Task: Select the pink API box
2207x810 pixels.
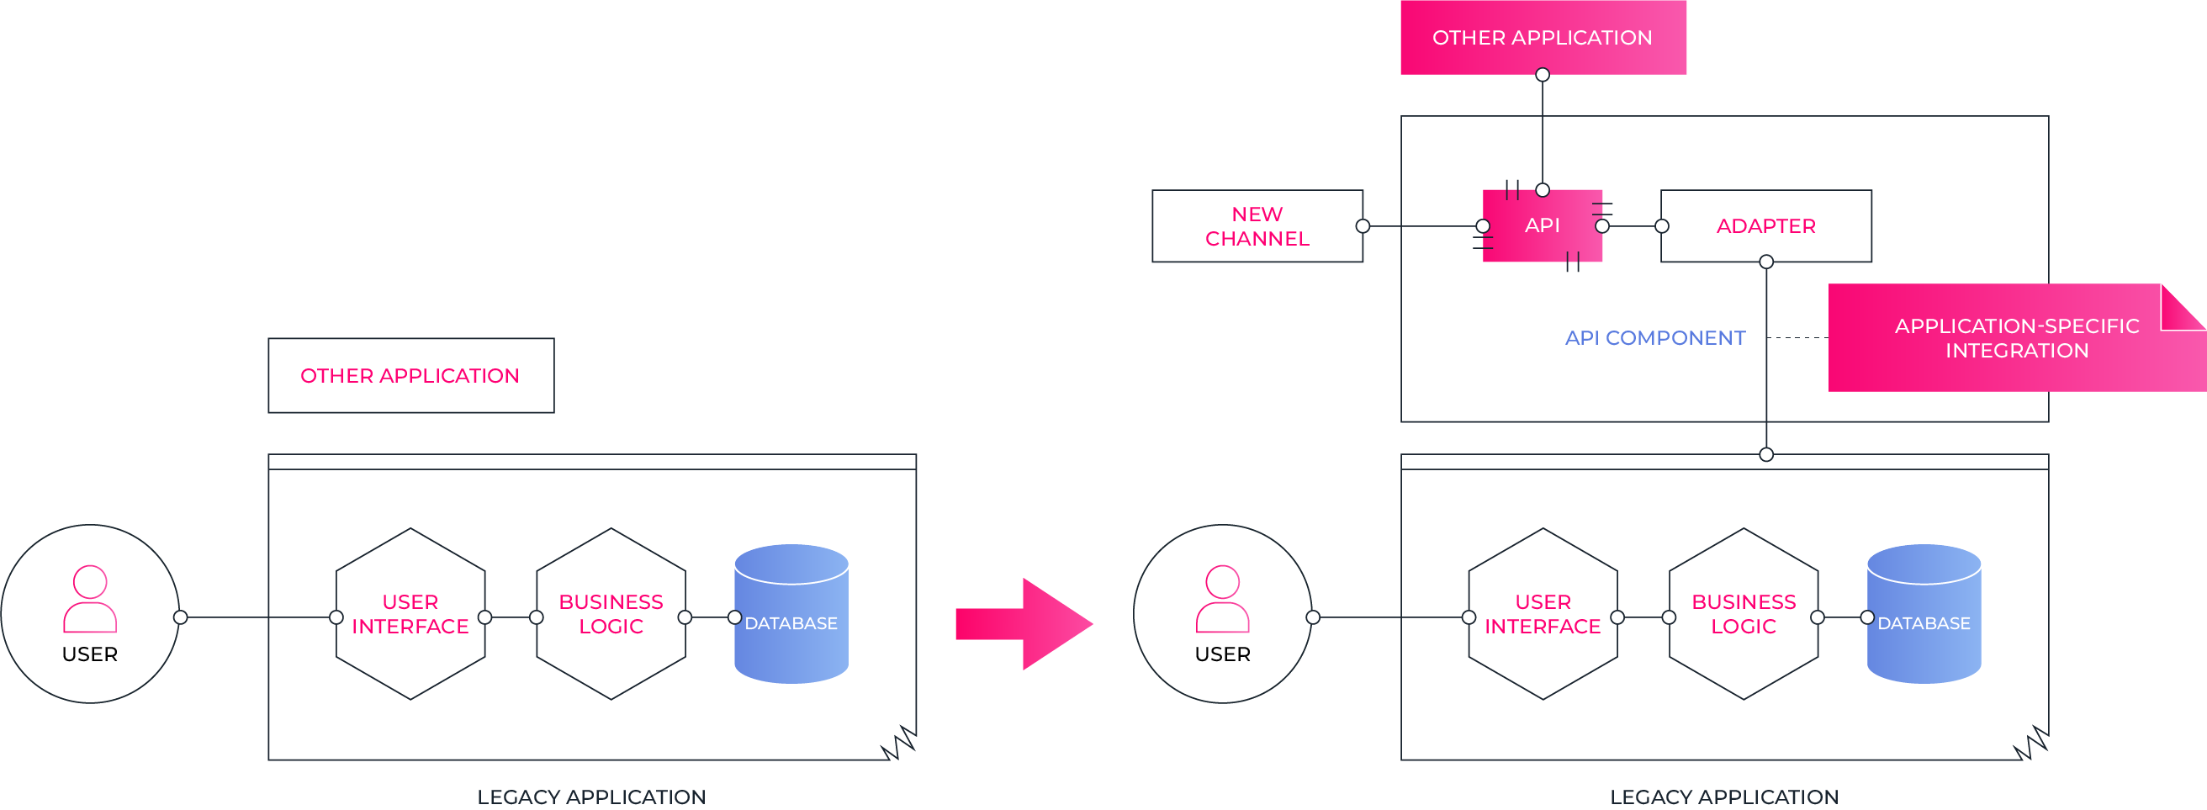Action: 1543,225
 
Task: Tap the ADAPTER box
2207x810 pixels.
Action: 1765,225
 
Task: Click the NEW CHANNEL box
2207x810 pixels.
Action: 1257,225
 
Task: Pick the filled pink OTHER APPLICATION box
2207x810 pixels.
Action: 1543,37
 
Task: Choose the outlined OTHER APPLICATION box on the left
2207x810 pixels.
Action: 410,375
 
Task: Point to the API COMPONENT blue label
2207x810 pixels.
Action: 1654,338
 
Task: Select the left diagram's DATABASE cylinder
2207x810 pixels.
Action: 791,615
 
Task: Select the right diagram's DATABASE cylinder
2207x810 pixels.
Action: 1924,615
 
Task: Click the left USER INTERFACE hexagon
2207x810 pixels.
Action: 410,614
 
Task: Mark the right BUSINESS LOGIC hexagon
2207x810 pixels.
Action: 1743,614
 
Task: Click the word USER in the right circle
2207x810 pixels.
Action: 1222,654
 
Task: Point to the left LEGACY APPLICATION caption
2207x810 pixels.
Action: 591,797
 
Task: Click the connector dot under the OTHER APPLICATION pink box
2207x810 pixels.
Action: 1543,76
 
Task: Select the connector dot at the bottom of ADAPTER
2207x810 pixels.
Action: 1765,262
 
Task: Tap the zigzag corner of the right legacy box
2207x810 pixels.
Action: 2031,744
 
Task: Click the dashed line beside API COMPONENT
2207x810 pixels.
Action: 1797,338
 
